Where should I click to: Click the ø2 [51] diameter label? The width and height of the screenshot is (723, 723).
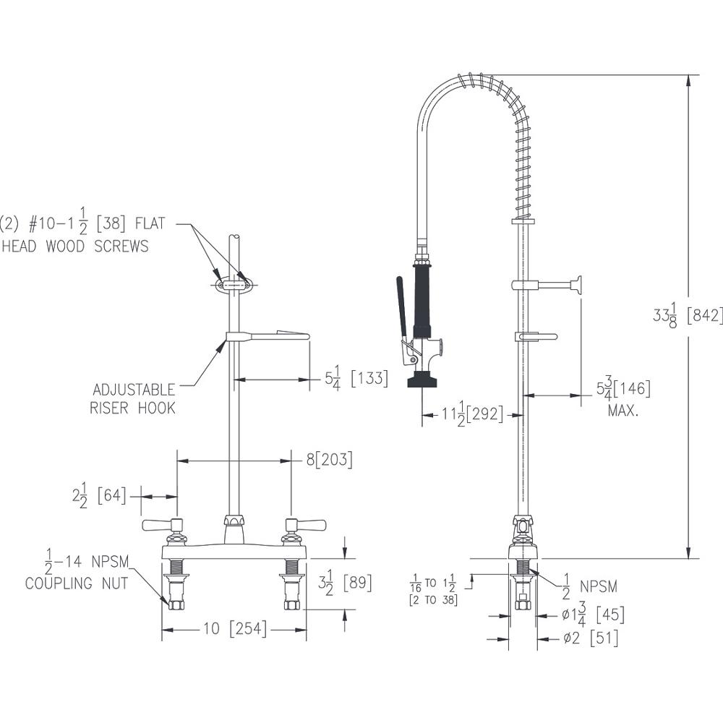[591, 638]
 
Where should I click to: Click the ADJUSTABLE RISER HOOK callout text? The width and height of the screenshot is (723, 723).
[132, 399]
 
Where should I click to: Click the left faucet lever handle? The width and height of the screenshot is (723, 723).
[161, 525]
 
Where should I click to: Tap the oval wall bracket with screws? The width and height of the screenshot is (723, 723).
[232, 286]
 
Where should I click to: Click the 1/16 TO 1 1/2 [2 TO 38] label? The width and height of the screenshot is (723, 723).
[433, 590]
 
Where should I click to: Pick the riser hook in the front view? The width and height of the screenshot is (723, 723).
[268, 335]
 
